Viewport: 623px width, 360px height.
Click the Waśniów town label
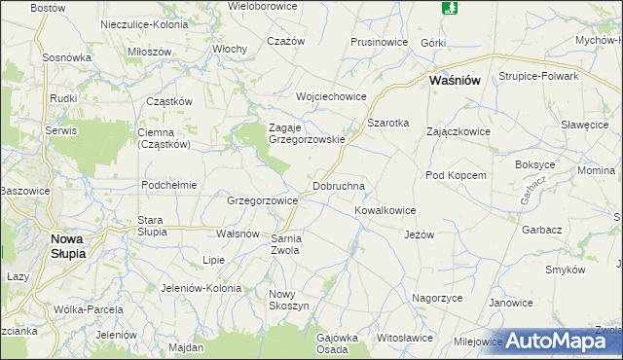pos(456,83)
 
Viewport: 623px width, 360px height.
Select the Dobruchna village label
pos(338,185)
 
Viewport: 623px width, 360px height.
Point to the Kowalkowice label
pos(385,210)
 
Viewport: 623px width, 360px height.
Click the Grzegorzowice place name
pos(262,200)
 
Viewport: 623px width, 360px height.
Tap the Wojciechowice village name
pos(331,96)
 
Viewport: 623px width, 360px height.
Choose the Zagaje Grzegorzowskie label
pos(307,133)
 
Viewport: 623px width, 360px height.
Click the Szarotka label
pos(387,123)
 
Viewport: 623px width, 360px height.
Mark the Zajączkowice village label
pos(458,130)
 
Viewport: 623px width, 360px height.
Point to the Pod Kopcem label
pos(455,175)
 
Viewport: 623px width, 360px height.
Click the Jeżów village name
pos(419,234)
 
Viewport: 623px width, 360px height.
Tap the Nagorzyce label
pos(436,298)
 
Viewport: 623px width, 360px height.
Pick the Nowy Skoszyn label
pos(288,300)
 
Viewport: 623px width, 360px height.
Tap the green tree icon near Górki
pos(449,8)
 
